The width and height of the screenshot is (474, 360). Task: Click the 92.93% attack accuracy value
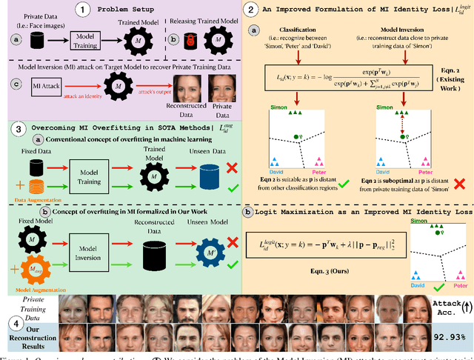pyautogui.click(x=450, y=337)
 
